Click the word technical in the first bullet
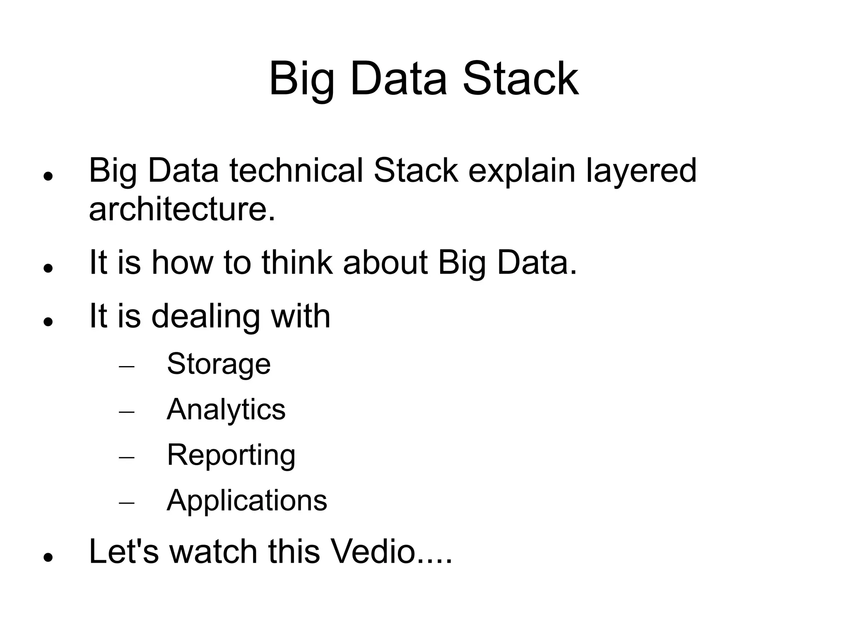click(x=296, y=171)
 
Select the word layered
click(x=641, y=171)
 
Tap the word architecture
click(x=182, y=209)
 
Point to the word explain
click(x=522, y=171)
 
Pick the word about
click(x=385, y=263)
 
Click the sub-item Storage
click(x=219, y=364)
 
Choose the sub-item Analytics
click(x=226, y=410)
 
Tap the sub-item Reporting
click(x=231, y=455)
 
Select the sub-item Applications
click(x=247, y=500)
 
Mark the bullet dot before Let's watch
click(x=48, y=557)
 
